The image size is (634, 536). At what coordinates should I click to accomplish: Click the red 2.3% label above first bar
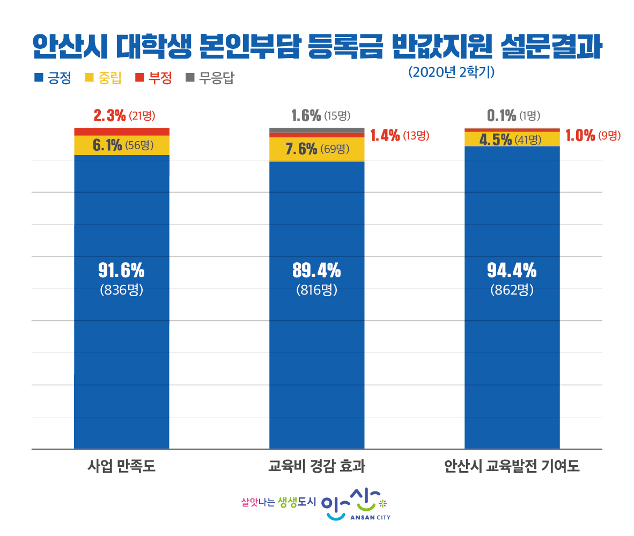point(110,115)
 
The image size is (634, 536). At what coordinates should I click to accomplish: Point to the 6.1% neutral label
point(108,145)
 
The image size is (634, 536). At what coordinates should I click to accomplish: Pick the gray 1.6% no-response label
point(306,115)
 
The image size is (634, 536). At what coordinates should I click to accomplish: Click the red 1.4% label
point(385,136)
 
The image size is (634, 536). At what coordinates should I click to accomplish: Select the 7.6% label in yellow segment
point(301,149)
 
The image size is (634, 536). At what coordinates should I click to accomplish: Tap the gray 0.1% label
point(502,115)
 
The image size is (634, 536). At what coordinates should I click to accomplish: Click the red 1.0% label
point(581,136)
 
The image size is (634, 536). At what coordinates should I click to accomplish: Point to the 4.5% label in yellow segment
point(496,140)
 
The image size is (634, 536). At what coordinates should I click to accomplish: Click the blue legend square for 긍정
point(38,78)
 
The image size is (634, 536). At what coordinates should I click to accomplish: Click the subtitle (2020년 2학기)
point(451,72)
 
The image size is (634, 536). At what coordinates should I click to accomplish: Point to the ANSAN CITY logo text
point(370,518)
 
